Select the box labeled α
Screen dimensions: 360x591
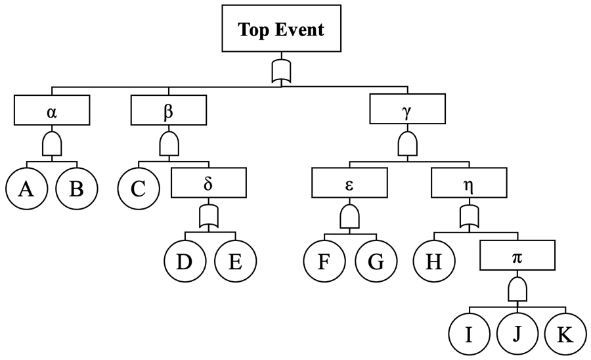(52, 110)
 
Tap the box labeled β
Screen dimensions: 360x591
(168, 110)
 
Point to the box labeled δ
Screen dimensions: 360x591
(208, 183)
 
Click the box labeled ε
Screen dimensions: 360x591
(349, 183)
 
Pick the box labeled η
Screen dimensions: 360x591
(468, 183)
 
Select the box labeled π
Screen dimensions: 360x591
(517, 256)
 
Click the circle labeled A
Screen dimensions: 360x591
(26, 189)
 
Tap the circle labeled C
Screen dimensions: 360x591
(139, 189)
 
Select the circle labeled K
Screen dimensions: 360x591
(564, 334)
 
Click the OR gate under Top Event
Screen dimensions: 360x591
(280, 70)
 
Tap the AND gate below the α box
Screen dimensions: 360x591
(52, 143)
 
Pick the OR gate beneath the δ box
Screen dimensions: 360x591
(208, 216)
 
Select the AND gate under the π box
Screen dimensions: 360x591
(517, 288)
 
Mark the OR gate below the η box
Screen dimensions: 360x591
(468, 216)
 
